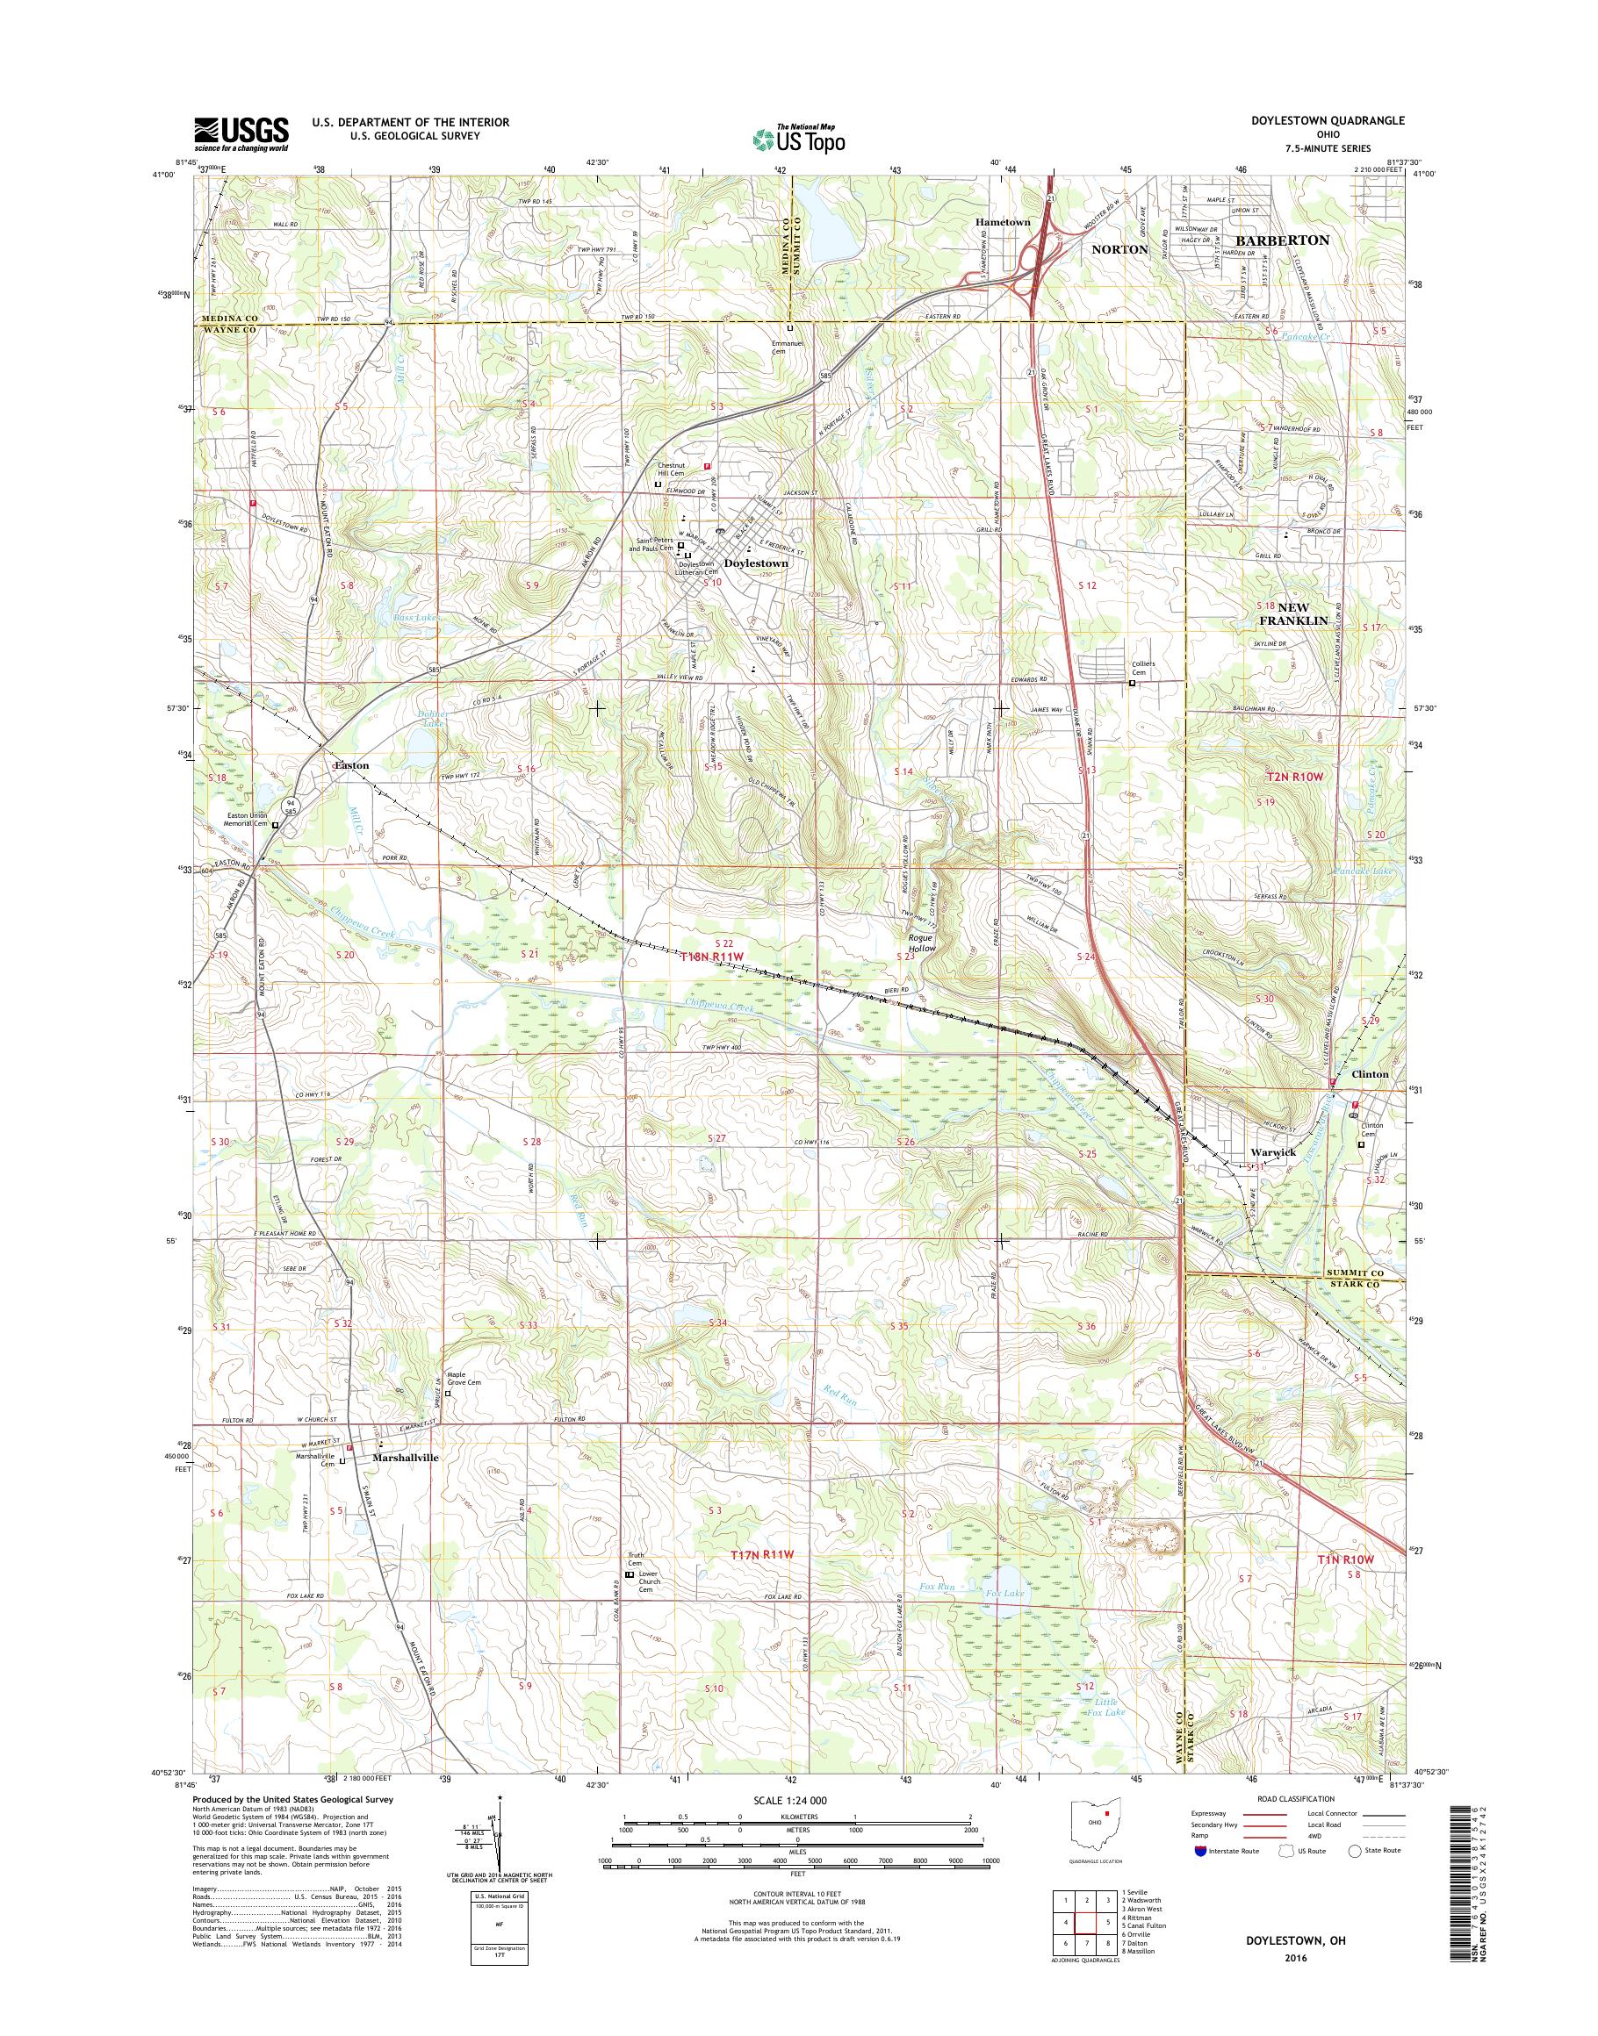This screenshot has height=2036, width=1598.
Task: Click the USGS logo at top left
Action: click(x=241, y=133)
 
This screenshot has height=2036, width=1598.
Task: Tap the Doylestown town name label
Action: click(x=757, y=564)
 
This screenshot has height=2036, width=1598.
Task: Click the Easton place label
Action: click(x=352, y=765)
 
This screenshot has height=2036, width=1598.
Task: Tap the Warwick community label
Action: click(x=1273, y=1152)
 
